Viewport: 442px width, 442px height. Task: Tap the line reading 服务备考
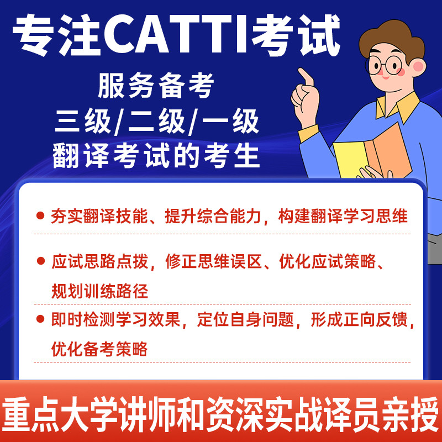[155, 87]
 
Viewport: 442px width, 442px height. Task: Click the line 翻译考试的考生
[156, 157]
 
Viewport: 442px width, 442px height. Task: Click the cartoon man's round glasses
[393, 66]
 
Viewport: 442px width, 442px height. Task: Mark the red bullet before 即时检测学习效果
[40, 319]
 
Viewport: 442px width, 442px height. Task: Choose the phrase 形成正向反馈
[359, 320]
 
